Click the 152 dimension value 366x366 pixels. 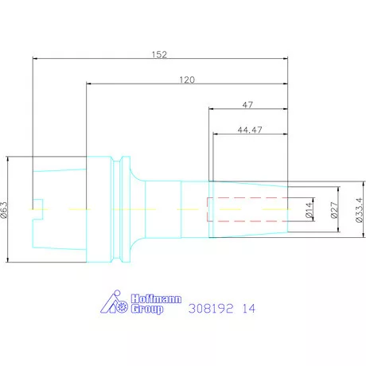159,55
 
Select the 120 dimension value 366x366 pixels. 187,80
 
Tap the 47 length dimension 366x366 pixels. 247,105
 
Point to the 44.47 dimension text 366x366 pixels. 250,130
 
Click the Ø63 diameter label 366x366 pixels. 4,210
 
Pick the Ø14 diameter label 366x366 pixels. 310,210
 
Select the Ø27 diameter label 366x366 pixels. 334,210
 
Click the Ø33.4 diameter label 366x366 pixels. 359,210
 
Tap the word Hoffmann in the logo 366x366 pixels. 156,299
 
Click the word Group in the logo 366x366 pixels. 147,310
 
